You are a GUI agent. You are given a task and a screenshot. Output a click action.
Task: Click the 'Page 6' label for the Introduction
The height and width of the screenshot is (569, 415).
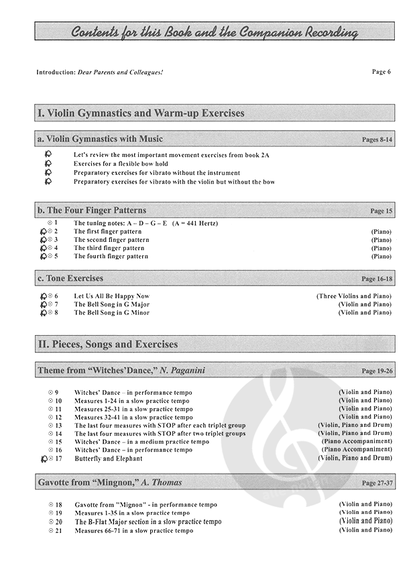point(380,71)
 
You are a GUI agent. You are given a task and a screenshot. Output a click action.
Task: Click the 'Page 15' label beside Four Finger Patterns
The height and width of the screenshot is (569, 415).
point(381,211)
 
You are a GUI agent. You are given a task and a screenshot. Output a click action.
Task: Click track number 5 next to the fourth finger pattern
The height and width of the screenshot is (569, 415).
point(56,256)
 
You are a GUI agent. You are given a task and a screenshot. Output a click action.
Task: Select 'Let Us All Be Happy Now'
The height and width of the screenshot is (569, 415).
point(111,296)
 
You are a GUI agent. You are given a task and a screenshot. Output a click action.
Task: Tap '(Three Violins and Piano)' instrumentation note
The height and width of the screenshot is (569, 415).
point(354,296)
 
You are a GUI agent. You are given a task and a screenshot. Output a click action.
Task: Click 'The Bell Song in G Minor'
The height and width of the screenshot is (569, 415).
point(111,312)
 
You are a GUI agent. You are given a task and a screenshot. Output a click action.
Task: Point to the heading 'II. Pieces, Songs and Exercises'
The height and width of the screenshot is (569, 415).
point(108,344)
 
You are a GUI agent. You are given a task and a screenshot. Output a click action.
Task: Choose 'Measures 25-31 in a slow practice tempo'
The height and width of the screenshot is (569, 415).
point(133,409)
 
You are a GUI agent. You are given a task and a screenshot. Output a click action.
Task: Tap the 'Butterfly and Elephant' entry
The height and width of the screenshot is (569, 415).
point(108,458)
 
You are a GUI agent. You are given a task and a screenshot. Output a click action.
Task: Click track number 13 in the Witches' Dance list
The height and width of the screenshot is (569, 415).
point(58,426)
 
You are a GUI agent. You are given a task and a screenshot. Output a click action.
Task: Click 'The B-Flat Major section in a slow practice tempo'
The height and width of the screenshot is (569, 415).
point(147,521)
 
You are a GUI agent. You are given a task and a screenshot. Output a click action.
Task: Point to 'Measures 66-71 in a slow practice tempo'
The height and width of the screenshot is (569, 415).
point(133,531)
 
